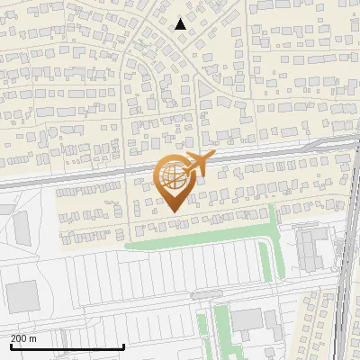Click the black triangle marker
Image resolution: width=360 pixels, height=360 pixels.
pyautogui.click(x=180, y=24)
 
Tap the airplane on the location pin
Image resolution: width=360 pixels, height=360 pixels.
pyautogui.click(x=197, y=163)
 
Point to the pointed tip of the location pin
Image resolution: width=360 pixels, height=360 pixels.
pyautogui.click(x=172, y=211)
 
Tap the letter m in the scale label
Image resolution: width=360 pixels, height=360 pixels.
pyautogui.click(x=34, y=338)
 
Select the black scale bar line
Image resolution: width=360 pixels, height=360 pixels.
pyautogui.click(x=67, y=346)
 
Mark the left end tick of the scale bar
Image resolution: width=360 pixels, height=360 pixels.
pyautogui.click(x=10, y=345)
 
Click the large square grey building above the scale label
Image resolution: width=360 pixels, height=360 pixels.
pyautogui.click(x=22, y=294)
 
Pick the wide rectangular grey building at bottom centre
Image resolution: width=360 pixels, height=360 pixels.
pyautogui.click(x=247, y=319)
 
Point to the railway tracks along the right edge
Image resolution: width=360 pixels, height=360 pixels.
pyautogui.click(x=346, y=270)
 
